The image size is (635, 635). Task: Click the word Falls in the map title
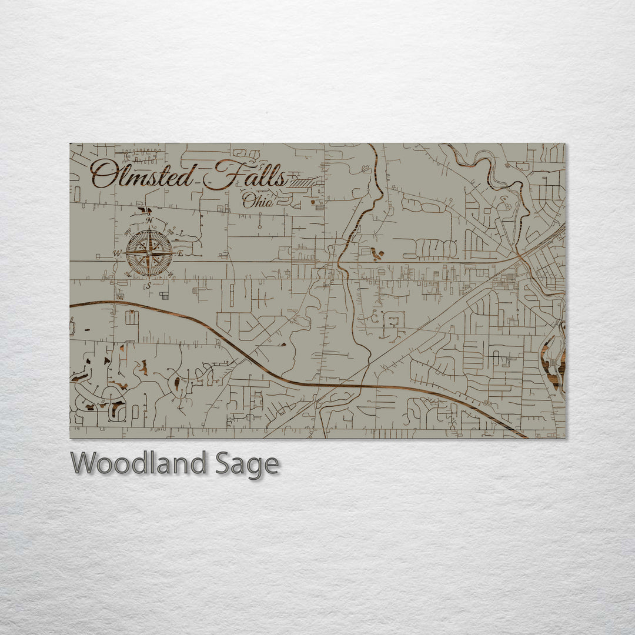(250, 175)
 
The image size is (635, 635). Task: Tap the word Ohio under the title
(258, 201)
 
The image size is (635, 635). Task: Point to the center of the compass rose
(149, 253)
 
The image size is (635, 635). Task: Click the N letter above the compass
(149, 220)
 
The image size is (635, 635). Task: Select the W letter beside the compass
(117, 254)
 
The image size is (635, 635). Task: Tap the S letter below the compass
(149, 286)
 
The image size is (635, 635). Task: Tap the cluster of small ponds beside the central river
(377, 254)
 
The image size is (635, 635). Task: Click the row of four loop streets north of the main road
(435, 248)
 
